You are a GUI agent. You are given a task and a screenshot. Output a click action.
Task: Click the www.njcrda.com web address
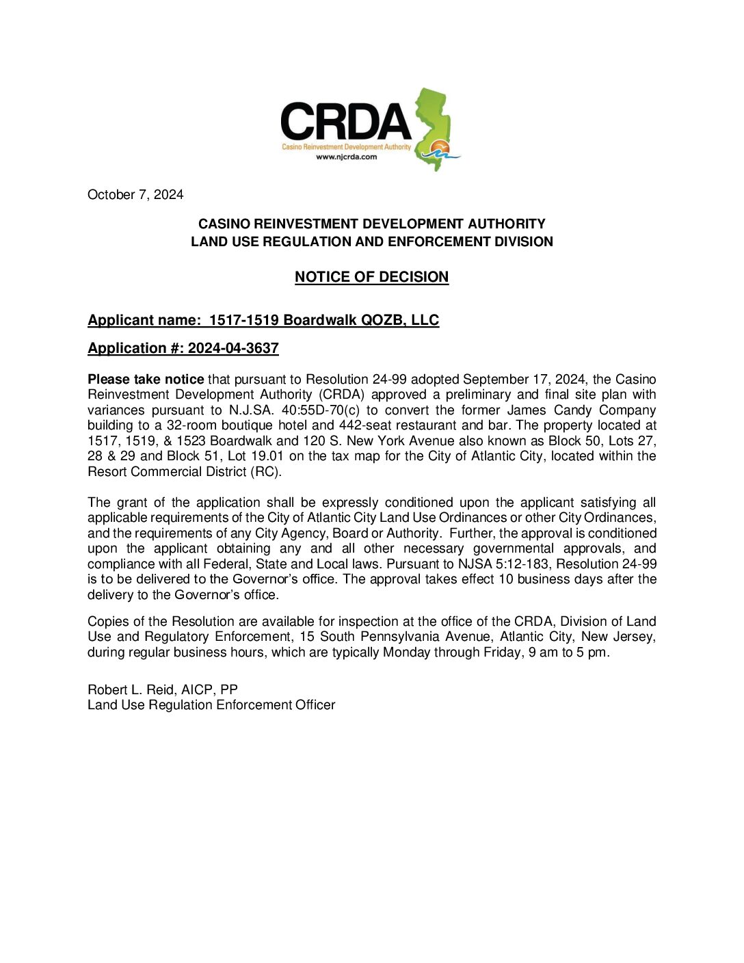346,157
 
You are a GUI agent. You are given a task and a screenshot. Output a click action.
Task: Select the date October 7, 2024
135,195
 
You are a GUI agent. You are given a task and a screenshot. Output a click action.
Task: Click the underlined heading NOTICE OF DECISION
371,277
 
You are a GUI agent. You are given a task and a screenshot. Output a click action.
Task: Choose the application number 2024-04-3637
233,348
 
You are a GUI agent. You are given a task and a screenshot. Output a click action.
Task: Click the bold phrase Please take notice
146,380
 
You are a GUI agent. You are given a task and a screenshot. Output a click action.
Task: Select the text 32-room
189,425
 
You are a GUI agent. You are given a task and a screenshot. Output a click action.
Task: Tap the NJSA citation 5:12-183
520,564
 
